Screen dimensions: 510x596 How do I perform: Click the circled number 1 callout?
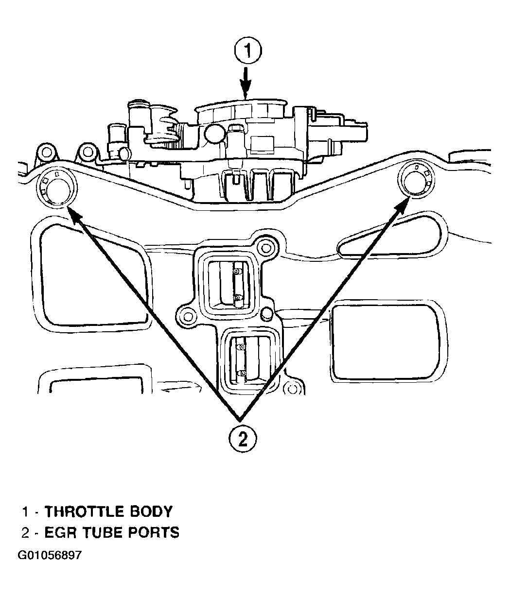(247, 51)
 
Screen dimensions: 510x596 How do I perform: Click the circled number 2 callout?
(243, 440)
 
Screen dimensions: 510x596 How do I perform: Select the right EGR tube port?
(416, 180)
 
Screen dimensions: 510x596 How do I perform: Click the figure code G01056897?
(50, 555)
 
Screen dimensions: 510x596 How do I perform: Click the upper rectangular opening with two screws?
(228, 284)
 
